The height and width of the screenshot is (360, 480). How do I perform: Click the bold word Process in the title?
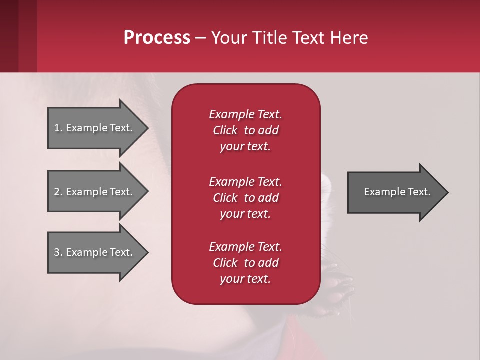click(157, 38)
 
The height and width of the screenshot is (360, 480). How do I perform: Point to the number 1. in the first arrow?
click(58, 128)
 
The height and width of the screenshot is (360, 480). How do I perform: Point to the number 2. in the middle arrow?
click(58, 192)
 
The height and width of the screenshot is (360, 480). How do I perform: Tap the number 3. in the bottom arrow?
click(58, 252)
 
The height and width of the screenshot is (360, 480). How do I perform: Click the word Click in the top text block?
click(225, 130)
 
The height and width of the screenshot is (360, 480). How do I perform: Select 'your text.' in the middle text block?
click(245, 214)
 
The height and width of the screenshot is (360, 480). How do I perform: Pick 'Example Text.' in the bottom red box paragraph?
click(245, 247)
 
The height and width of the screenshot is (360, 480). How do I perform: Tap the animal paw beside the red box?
click(340, 295)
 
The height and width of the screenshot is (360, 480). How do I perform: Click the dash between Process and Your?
click(200, 38)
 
